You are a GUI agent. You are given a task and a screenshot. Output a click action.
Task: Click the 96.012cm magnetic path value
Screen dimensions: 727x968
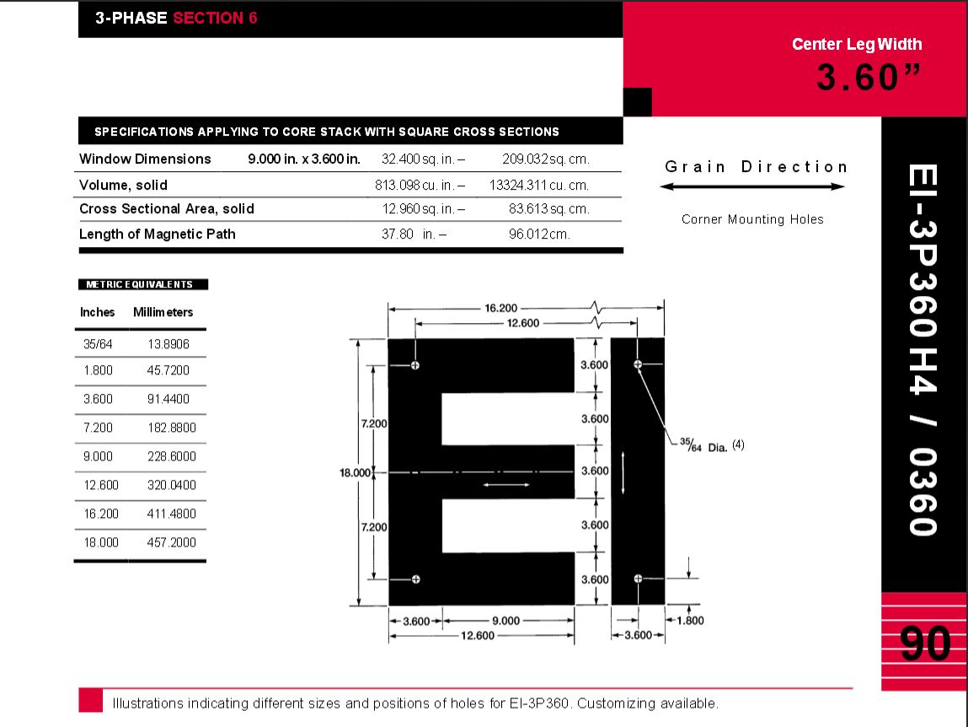539,234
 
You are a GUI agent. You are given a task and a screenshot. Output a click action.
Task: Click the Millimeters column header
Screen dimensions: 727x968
163,312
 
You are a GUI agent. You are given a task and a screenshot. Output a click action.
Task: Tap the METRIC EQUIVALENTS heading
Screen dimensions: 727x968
140,284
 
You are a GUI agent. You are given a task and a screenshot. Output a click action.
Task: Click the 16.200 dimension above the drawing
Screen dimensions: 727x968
501,308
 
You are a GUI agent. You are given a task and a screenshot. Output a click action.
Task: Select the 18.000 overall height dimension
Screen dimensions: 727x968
355,473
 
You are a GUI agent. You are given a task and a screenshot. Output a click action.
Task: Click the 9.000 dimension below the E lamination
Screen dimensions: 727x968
505,621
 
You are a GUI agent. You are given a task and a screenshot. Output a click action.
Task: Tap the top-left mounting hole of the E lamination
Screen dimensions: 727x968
415,365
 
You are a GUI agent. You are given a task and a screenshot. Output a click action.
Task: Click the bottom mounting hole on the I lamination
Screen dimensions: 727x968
638,578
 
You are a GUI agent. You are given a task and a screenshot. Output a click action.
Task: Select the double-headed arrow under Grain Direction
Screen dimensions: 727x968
752,186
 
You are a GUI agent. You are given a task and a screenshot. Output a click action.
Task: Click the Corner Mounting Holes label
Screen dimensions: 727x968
752,219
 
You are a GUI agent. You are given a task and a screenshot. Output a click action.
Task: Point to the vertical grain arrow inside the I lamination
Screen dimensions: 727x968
623,473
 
